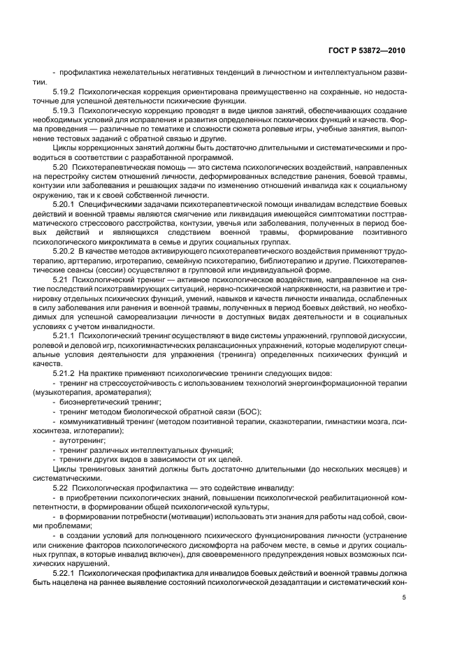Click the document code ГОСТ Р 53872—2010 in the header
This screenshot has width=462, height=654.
[x=368, y=52]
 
